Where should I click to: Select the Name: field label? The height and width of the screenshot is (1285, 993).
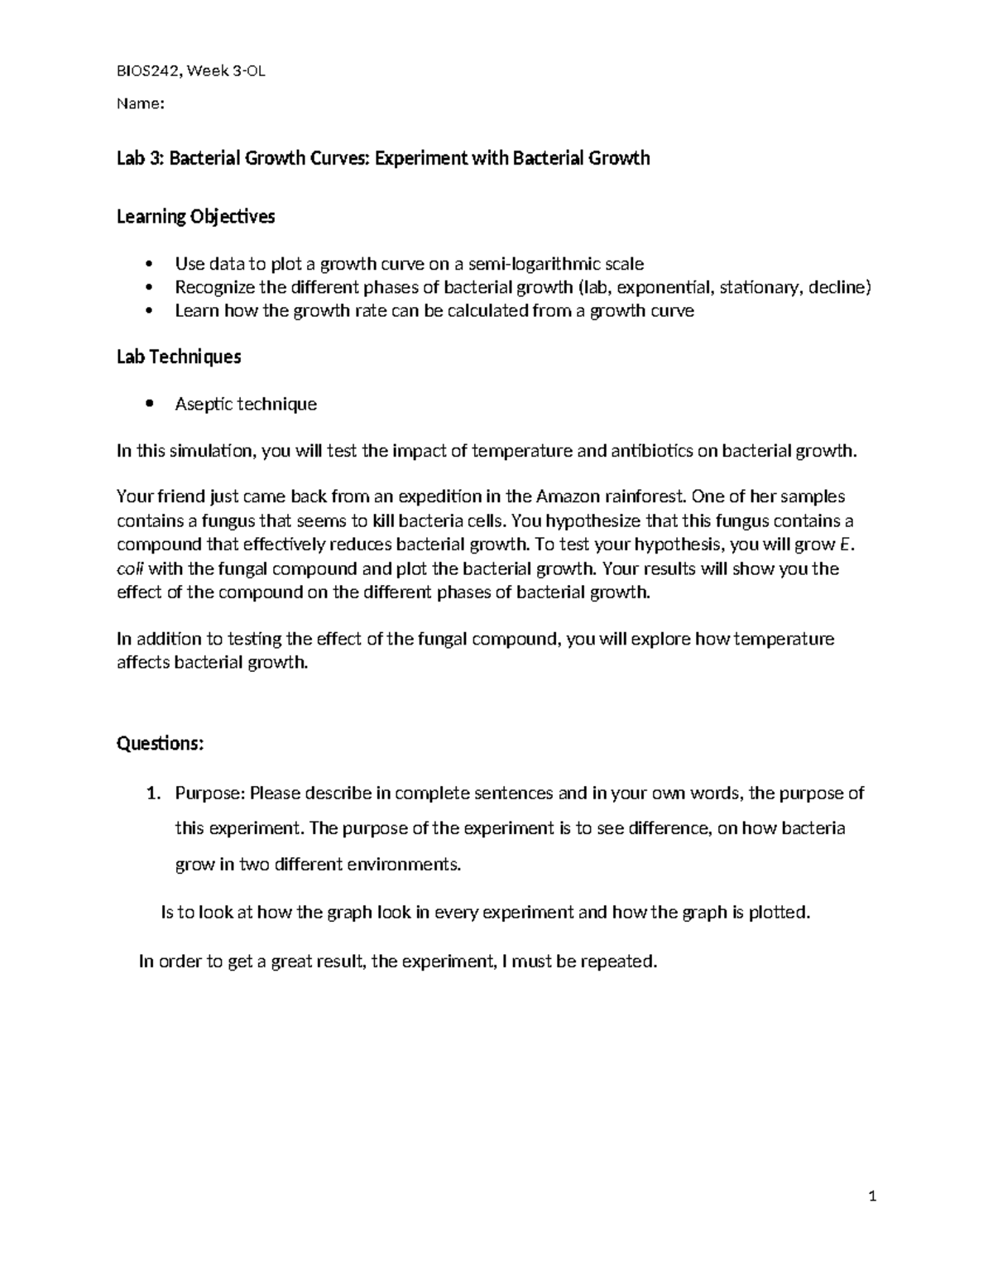(x=141, y=104)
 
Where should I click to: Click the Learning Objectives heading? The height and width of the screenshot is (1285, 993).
(x=195, y=217)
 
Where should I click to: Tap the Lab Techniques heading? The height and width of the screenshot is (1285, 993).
(x=179, y=357)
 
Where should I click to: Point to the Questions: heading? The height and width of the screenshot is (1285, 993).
(x=160, y=743)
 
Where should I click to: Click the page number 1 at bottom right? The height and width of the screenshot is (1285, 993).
(x=872, y=1196)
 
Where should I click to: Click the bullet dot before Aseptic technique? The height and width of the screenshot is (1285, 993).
(x=149, y=404)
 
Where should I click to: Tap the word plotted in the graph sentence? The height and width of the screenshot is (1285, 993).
(x=780, y=913)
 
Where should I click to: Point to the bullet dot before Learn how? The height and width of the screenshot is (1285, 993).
(x=149, y=311)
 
